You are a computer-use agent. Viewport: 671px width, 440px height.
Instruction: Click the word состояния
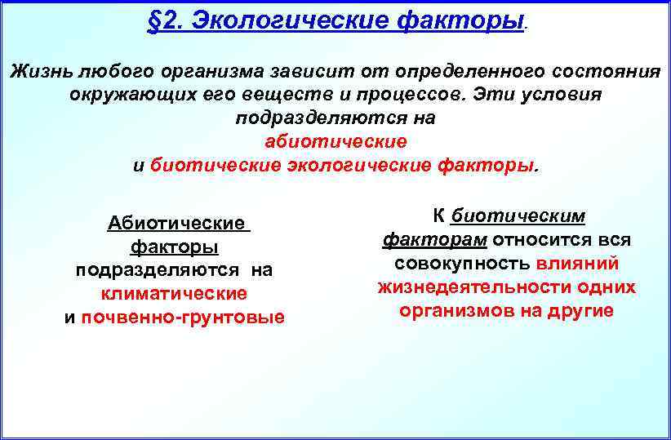click(607, 71)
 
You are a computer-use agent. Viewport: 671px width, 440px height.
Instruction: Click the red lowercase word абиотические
click(335, 141)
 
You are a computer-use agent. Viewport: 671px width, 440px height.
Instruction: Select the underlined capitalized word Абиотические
click(176, 223)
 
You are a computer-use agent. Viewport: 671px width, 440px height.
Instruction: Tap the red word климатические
click(174, 292)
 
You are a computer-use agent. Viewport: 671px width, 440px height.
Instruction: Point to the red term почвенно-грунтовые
click(183, 317)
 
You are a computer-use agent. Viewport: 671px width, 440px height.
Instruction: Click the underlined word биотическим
click(518, 216)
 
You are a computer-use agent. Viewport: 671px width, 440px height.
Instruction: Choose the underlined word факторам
click(435, 240)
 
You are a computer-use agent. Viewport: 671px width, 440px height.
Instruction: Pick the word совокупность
click(463, 264)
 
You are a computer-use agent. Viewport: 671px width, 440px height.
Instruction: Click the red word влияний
click(578, 264)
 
